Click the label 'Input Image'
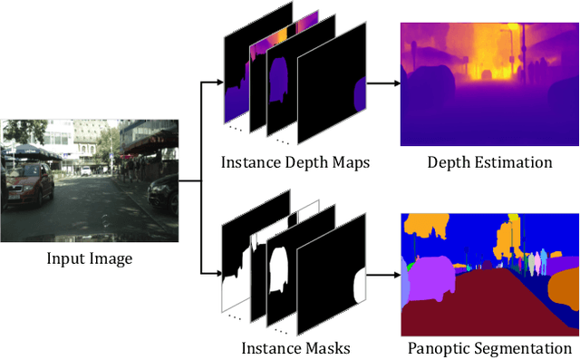(x=90, y=259)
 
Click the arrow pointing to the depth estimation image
(x=381, y=83)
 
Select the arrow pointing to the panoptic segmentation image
(x=381, y=271)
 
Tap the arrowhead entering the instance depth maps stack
(x=217, y=83)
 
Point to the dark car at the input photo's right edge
(x=163, y=193)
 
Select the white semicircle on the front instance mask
(x=359, y=287)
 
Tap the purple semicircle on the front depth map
(x=359, y=94)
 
